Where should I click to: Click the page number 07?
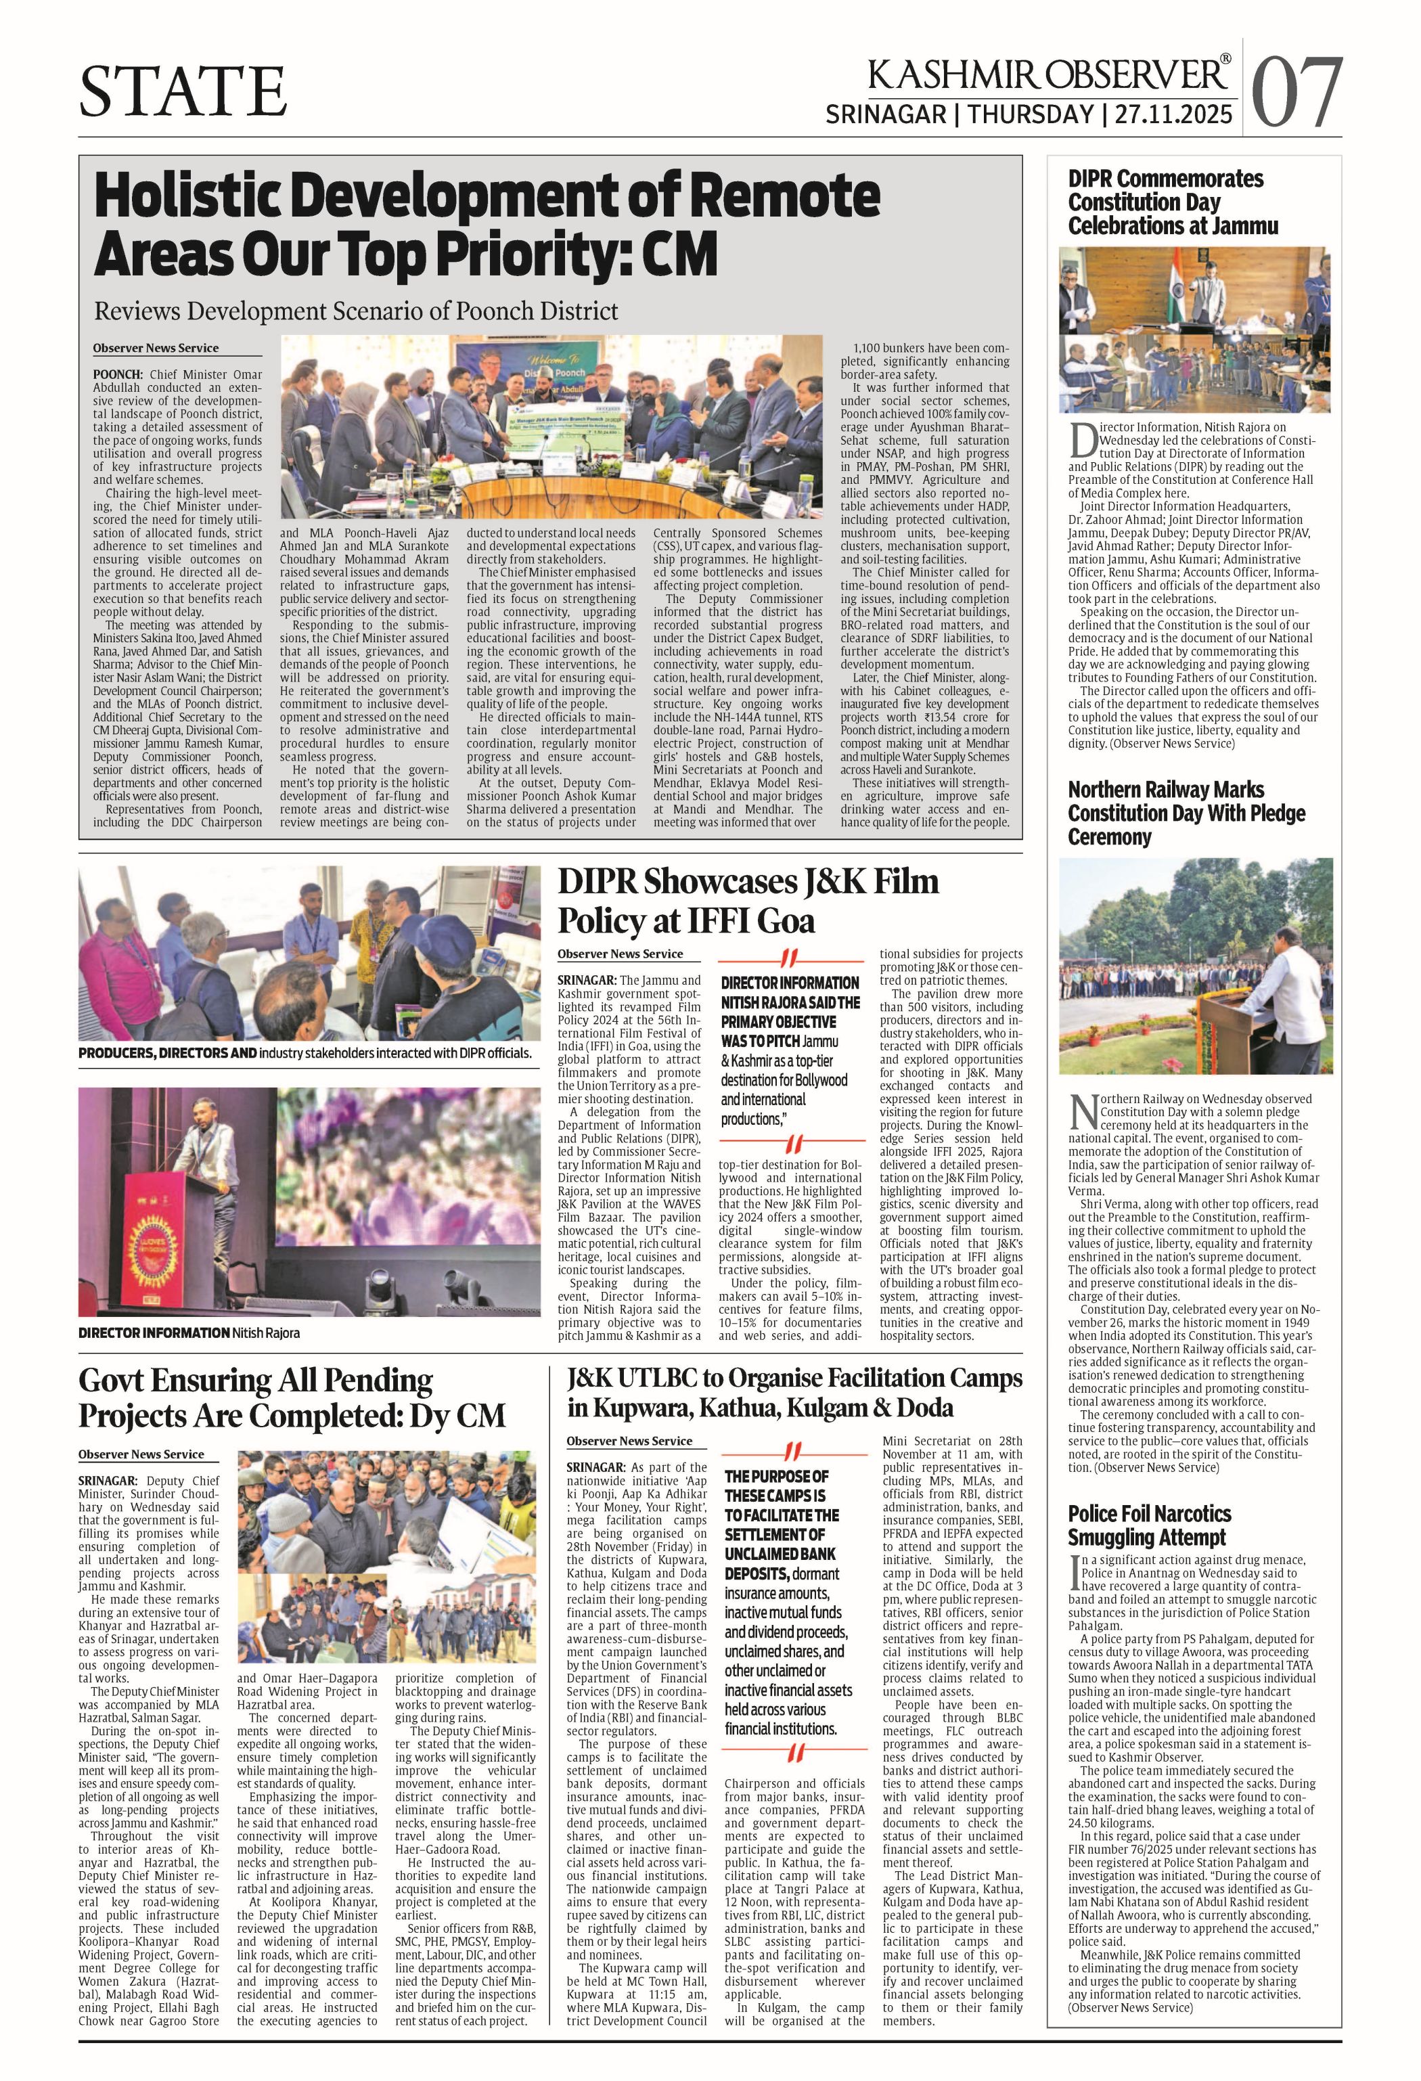(1296, 92)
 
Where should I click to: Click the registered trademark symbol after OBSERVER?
(1225, 61)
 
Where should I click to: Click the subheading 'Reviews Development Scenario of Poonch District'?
(357, 311)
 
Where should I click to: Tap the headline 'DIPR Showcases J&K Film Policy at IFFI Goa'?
(748, 901)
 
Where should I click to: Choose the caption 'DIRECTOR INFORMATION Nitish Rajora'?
(189, 1333)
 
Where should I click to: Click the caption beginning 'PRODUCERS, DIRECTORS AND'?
(304, 1053)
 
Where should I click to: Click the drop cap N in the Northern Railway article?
(1083, 1111)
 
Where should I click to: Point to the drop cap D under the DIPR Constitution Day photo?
(1083, 441)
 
